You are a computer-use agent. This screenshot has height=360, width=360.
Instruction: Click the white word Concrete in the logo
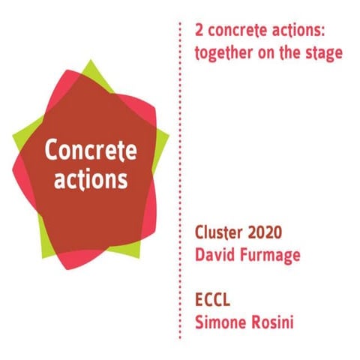point(91,150)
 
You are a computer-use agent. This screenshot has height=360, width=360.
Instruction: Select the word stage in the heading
point(322,54)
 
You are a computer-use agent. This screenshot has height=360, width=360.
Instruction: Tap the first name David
point(214,254)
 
